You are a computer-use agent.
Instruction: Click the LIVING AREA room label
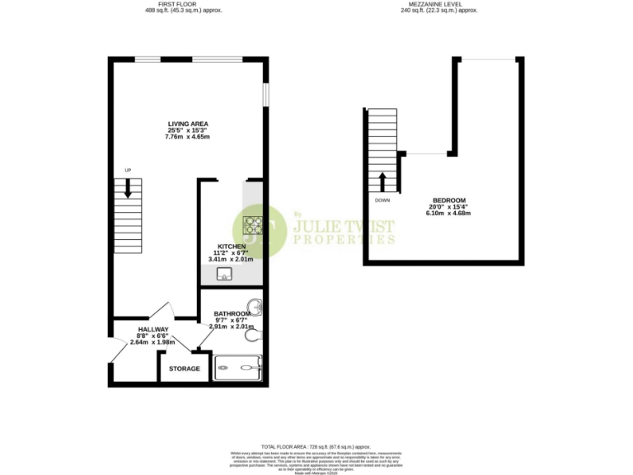(188, 124)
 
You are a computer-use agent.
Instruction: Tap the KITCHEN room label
(231, 247)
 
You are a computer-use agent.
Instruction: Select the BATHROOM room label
(232, 313)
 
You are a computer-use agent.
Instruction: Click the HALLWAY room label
(153, 329)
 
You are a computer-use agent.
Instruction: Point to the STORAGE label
(185, 369)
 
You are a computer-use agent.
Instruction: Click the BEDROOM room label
(449, 201)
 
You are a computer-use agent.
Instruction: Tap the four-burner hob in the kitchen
(252, 224)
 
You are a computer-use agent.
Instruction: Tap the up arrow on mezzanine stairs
(382, 181)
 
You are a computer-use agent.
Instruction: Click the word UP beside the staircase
(128, 171)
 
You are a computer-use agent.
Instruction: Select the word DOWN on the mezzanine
(382, 200)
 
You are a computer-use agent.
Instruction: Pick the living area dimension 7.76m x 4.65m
(188, 136)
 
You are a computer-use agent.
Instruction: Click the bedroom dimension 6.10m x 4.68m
(449, 214)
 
